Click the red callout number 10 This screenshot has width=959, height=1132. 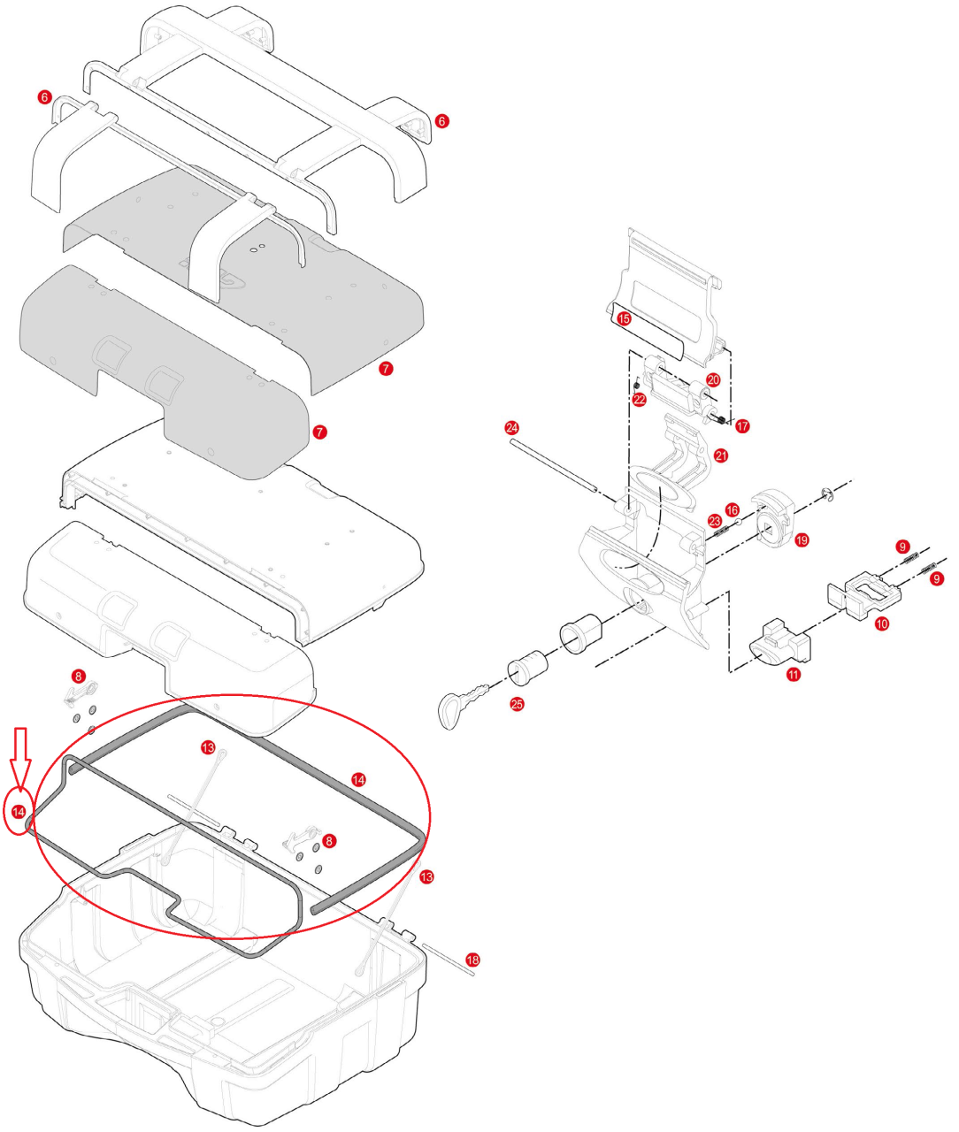coord(882,623)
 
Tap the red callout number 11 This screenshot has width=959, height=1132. coord(794,675)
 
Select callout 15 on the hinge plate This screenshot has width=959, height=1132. coord(624,318)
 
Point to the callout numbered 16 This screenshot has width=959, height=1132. coord(732,510)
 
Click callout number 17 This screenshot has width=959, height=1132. coord(742,426)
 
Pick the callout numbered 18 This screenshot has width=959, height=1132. coord(473,960)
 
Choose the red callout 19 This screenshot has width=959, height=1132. coord(802,539)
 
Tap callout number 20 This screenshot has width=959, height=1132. coord(713,379)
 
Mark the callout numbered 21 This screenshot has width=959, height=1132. coord(721,455)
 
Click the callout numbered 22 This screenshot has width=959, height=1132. coord(640,399)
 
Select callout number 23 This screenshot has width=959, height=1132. coord(715,522)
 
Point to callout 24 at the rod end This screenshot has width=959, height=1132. coord(512,427)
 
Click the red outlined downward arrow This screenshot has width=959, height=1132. coord(23,751)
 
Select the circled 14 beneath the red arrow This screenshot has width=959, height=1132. coord(19,810)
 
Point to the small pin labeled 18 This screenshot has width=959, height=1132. coord(449,959)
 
